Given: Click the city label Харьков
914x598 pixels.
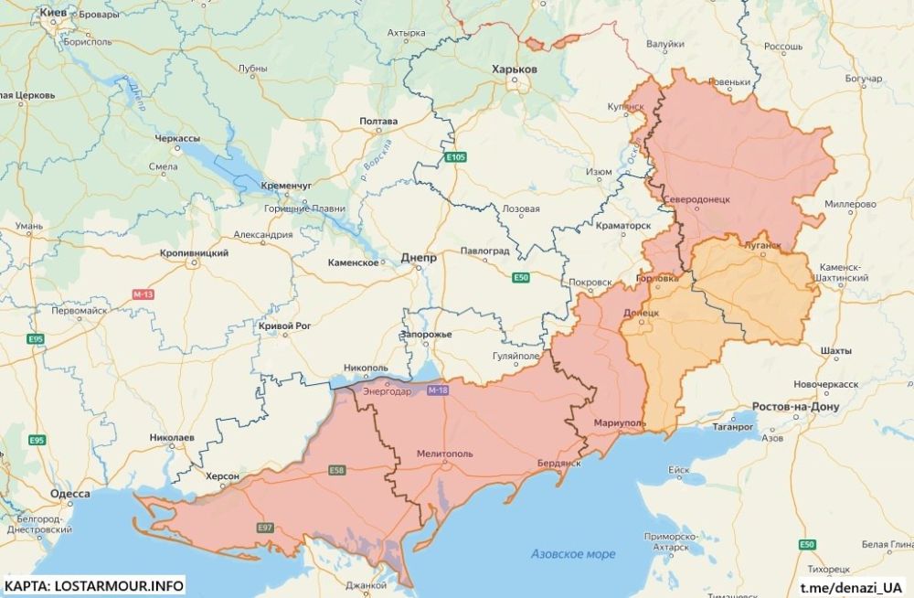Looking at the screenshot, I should (515, 69).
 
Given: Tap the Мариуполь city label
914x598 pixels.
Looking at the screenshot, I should (620, 423).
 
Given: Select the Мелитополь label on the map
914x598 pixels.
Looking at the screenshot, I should (445, 453).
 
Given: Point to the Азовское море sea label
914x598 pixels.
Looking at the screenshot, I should (573, 554).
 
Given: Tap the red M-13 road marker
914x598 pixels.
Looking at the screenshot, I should (143, 294).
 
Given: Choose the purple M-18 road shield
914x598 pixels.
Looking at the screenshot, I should (438, 391).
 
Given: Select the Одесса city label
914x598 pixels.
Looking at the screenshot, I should (70, 494).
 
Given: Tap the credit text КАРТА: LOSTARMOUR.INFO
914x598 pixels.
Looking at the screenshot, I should (94, 585).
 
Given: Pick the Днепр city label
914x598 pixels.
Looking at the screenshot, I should (419, 258).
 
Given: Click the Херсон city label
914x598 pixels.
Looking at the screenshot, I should (222, 476).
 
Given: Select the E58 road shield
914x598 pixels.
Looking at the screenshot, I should (337, 471).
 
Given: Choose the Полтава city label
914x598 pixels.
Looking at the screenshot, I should (378, 121).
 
